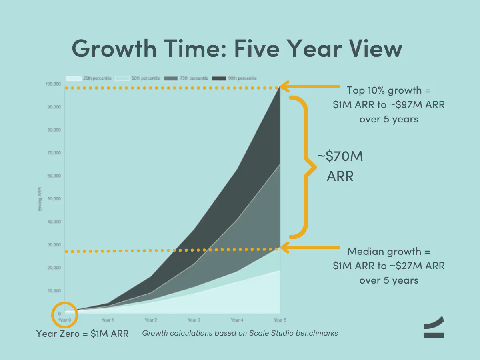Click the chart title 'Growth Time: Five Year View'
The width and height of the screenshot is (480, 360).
(237, 49)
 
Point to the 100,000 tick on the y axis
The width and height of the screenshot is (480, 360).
(53, 84)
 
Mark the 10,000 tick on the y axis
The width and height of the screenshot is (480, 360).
(54, 291)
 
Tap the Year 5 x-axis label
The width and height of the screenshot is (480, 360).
(280, 320)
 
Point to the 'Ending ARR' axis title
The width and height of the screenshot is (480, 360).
(40, 199)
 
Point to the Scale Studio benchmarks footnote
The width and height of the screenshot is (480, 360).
(240, 333)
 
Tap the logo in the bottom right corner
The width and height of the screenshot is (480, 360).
(434, 327)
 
